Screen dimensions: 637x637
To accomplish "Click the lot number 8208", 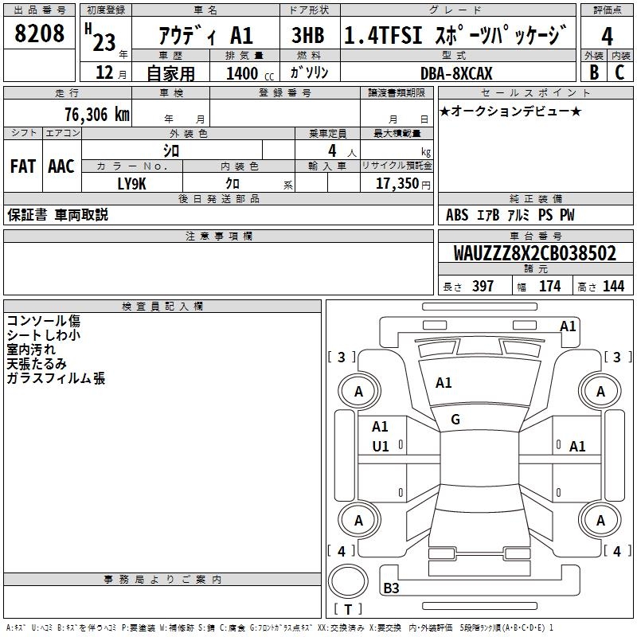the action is click(x=39, y=35).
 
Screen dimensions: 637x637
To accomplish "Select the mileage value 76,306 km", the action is click(x=97, y=114).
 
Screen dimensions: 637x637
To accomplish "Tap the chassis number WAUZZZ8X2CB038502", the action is click(x=535, y=253).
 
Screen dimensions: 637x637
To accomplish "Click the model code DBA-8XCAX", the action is click(x=456, y=73).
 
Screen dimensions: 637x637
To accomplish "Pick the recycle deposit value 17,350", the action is click(x=397, y=184).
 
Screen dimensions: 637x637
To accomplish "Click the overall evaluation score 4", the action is click(x=607, y=36).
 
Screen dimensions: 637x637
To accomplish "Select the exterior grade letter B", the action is click(x=593, y=72).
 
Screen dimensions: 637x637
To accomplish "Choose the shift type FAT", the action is click(x=22, y=166).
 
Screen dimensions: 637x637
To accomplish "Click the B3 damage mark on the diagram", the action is click(x=392, y=588).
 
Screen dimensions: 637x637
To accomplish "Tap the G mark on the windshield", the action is click(x=455, y=420).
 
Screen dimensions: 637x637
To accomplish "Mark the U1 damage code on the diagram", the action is click(x=381, y=447).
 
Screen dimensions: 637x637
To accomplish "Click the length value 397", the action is click(x=483, y=287).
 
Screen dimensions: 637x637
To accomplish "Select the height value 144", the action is click(x=613, y=287).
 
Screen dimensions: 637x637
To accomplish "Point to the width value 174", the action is click(x=549, y=287).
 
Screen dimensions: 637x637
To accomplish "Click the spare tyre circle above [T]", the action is click(x=347, y=582).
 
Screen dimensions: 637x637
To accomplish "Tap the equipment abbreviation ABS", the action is click(x=457, y=215).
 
